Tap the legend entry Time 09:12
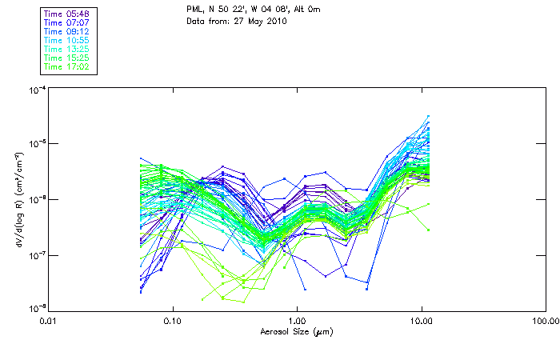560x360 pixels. [66, 32]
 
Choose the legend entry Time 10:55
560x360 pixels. [66, 41]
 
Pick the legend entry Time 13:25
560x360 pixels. [66, 50]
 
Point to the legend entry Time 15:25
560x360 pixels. [66, 58]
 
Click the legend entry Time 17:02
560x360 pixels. [66, 67]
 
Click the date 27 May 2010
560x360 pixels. [253, 22]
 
